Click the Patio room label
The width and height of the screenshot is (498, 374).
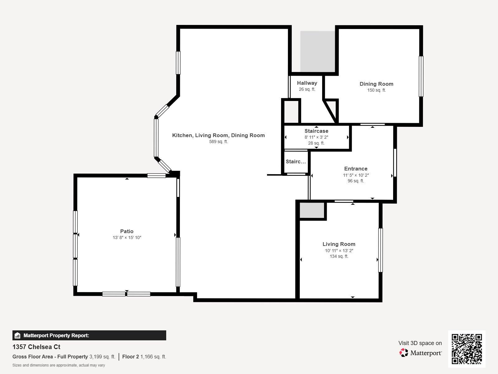(127, 231)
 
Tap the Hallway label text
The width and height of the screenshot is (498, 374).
(307, 83)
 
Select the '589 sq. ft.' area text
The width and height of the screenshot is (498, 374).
(218, 141)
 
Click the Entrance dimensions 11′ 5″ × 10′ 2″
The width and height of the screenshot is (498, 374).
(356, 175)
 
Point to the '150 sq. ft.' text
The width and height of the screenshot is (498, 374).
(376, 90)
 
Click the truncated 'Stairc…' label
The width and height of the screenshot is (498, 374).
(296, 161)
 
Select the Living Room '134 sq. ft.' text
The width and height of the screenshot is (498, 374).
(339, 256)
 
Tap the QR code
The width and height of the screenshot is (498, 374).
(467, 349)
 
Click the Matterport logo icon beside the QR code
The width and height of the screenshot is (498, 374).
(404, 353)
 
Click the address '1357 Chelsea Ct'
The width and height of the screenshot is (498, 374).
(36, 347)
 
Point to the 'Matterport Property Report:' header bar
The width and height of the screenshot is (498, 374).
(89, 335)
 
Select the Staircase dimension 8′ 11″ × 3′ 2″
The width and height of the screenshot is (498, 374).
(316, 137)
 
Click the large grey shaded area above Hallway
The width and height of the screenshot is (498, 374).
(317, 51)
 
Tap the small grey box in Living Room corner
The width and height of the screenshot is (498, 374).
(312, 210)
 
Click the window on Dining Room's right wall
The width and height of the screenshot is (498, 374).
(421, 76)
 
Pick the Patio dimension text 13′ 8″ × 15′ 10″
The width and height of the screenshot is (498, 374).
(127, 237)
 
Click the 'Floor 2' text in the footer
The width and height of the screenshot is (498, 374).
(130, 357)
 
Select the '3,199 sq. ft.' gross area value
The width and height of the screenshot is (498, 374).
(102, 357)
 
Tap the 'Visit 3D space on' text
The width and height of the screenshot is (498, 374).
(420, 343)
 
